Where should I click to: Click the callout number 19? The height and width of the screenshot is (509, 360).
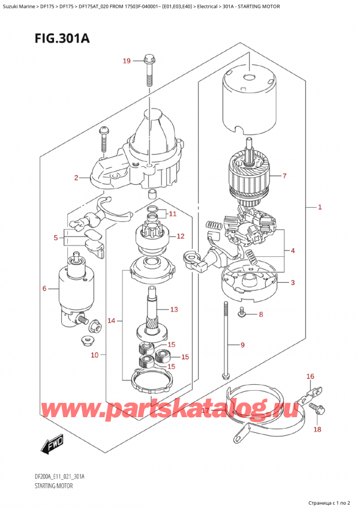126,61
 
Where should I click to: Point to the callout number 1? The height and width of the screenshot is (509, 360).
320,208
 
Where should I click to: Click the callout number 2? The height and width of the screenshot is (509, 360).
76,178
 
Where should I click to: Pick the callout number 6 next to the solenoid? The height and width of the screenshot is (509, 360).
44,289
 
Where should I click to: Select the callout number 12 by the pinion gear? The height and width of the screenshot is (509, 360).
180,236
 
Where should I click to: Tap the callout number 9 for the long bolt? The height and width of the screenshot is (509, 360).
242,345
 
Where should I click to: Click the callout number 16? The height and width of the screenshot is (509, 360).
310,376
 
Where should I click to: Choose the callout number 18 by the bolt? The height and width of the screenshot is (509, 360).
317,430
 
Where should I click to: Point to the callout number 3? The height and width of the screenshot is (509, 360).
293,283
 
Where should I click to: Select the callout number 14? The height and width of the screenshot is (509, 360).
111,321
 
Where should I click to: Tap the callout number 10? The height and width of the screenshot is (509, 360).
94,355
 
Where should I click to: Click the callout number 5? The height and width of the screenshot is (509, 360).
56,238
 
